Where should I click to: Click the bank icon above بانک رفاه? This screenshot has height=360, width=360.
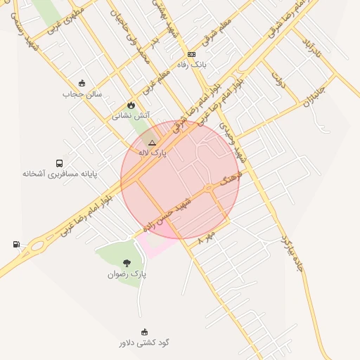(191, 54)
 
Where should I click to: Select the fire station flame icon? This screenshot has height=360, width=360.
(131, 105)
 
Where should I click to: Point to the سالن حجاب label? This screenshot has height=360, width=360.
(82, 94)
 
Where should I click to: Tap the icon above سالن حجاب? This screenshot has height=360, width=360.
(82, 83)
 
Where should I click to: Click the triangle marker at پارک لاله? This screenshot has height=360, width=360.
(152, 142)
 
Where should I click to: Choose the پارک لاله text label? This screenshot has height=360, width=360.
(152, 153)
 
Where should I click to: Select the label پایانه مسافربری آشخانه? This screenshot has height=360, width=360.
(59, 173)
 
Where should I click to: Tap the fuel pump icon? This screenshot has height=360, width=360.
(16, 245)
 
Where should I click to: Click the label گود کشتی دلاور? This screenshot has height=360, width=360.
(144, 343)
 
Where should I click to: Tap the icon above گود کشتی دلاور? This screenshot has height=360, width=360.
(144, 333)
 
